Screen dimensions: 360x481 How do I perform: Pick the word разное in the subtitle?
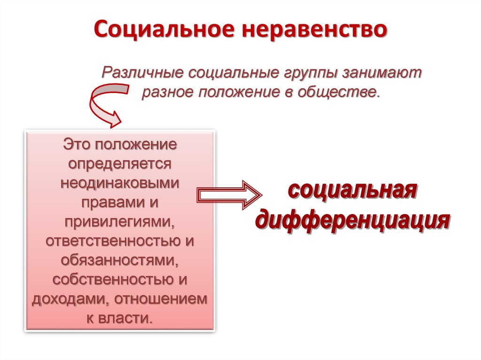click(168, 91)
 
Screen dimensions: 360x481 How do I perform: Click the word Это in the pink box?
click(78, 144)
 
